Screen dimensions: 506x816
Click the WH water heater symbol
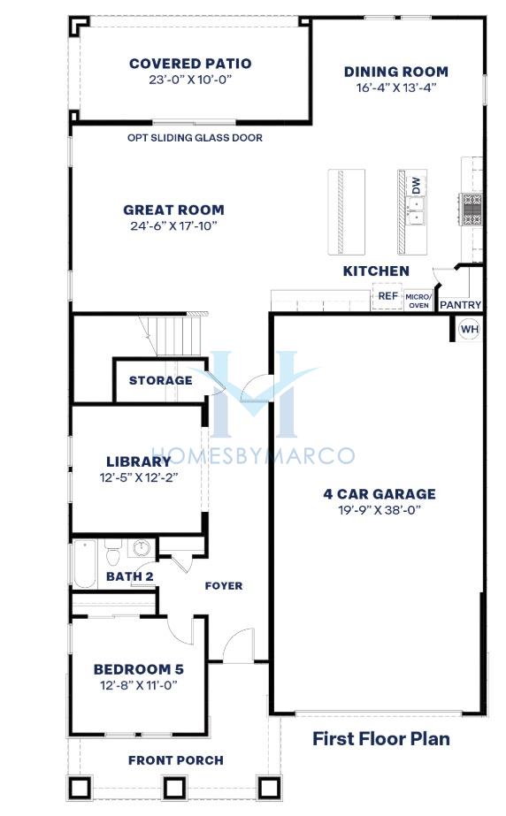469,329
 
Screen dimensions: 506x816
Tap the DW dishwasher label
416,186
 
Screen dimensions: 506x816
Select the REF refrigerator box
387,296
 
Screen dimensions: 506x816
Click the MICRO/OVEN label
418,301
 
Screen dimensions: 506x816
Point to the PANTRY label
460,305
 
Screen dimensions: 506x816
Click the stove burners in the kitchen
471,210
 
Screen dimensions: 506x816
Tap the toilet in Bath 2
113,553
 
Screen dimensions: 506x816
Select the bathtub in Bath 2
84,564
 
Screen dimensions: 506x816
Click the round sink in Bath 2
142,547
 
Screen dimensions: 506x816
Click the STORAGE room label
161,380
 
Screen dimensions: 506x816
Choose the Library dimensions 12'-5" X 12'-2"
139,477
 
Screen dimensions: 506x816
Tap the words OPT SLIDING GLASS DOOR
195,138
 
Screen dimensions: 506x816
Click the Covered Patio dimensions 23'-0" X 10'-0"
190,80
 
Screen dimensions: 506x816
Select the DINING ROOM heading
396,72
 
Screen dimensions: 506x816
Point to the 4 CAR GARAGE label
379,494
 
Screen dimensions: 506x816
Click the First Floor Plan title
381,738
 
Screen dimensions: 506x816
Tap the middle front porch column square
175,788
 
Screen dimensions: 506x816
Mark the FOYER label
224,586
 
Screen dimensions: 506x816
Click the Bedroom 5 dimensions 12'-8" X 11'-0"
139,685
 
